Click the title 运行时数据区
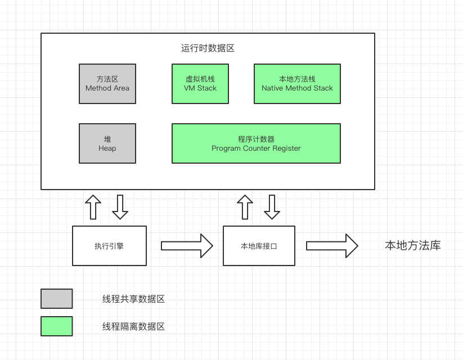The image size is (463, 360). coord(208,48)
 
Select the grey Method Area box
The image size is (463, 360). coord(107,84)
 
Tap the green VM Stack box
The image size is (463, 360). coord(200,84)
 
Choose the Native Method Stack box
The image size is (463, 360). coord(297,84)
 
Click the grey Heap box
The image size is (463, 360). coord(107,143)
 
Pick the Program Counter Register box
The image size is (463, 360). coord(256,143)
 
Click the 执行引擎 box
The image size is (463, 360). coord(109,246)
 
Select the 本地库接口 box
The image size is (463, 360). coord(259,246)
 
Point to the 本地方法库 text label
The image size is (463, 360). coord(412,246)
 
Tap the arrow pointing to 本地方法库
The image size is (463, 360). coord(332,246)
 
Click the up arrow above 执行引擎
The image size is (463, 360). coord(93,208)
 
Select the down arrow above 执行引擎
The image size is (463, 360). coord(120,208)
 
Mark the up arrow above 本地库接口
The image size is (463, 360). coord(245,208)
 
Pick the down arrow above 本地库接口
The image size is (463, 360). coord(272,208)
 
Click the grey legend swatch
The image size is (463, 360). coord(57,299)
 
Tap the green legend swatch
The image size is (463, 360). coord(57,326)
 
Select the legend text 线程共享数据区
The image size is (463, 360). coord(133,299)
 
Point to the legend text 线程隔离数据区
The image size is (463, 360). coord(133,326)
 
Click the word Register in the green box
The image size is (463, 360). coord(286,148)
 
